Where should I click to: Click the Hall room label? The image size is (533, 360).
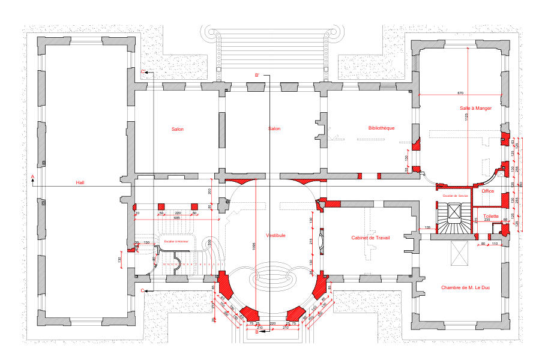[x=80, y=182]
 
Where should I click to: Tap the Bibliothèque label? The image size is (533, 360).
[x=381, y=128]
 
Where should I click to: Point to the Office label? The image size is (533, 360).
[x=487, y=191]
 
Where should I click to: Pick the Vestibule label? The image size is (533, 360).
[x=276, y=235]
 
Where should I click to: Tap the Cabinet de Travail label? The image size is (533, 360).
[x=370, y=238]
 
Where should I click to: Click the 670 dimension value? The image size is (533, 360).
[x=460, y=93]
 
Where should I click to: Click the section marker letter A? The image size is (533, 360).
[x=32, y=176]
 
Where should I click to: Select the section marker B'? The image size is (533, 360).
[x=257, y=75]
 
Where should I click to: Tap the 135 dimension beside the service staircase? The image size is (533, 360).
[x=428, y=227]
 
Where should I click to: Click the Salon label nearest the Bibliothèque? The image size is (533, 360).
[x=274, y=128]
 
